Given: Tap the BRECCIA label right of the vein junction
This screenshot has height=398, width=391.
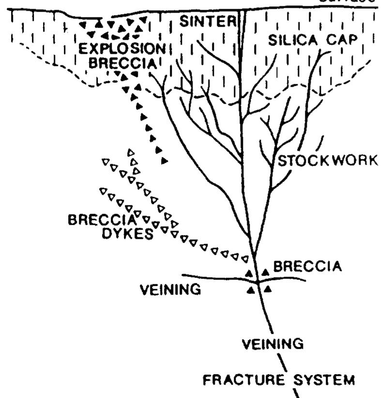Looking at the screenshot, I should click(301, 266).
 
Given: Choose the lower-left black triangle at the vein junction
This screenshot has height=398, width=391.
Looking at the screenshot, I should click(251, 291).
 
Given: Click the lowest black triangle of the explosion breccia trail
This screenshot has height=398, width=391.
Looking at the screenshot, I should click(165, 160).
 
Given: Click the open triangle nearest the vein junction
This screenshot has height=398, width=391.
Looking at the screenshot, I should click(245, 259).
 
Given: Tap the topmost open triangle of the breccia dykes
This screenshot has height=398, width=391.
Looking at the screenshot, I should click(130, 153).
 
